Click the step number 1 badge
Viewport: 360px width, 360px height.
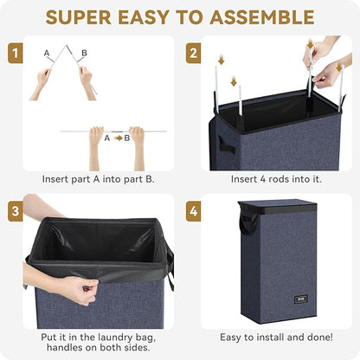[x=16, y=53]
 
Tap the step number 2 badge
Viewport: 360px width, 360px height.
[x=193, y=53]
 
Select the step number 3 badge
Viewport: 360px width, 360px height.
[x=16, y=211]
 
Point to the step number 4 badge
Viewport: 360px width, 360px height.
[x=193, y=211]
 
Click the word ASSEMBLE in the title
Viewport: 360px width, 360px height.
[x=262, y=17]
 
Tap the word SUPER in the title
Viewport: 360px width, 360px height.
[x=79, y=17]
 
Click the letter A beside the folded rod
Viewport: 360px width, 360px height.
[x=47, y=53]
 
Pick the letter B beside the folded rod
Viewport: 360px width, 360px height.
[x=84, y=53]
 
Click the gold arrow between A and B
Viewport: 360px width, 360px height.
[x=119, y=138]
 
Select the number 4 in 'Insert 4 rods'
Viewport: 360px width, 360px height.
[x=263, y=179]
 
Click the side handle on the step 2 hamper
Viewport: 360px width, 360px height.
[x=226, y=145]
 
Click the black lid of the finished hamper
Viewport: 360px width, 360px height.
[x=276, y=207]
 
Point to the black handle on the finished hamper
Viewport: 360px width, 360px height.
[x=248, y=223]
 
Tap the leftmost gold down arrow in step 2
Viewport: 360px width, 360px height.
[x=222, y=61]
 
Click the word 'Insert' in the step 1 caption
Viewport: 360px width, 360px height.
[x=53, y=179]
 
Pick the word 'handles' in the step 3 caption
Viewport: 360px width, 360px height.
[x=65, y=347]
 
